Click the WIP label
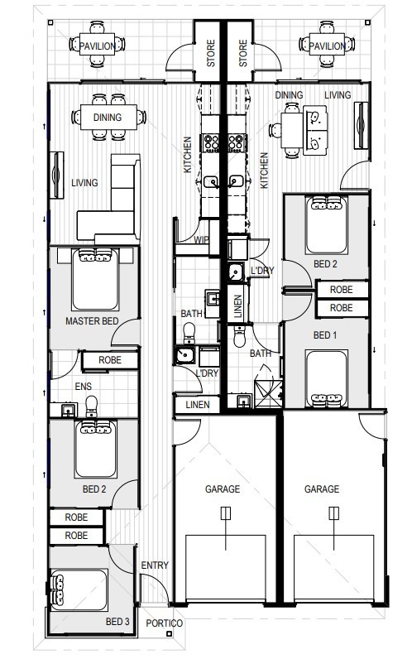point(201,241)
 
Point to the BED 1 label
point(325,335)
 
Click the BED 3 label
point(117,621)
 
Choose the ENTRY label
point(154,565)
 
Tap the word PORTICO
point(163,623)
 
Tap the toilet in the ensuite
point(91,405)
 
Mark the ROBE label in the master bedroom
point(110,360)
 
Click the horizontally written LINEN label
point(197,405)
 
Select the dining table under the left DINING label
point(108,118)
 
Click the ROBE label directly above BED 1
point(341,308)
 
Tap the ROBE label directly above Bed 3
point(76,536)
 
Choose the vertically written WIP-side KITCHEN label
point(188,155)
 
